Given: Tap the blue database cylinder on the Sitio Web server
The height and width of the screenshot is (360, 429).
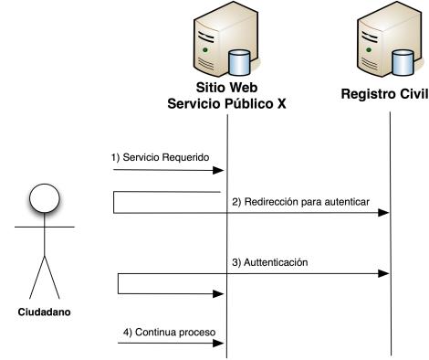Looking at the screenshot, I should click(239, 63).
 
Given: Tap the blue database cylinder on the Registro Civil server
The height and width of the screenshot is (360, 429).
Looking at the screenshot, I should click(403, 63).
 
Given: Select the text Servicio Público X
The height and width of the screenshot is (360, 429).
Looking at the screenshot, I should click(226, 104).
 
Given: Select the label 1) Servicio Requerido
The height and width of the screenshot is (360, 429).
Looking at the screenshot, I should click(161, 157).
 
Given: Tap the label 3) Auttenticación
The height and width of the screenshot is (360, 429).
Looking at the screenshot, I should click(269, 262).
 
